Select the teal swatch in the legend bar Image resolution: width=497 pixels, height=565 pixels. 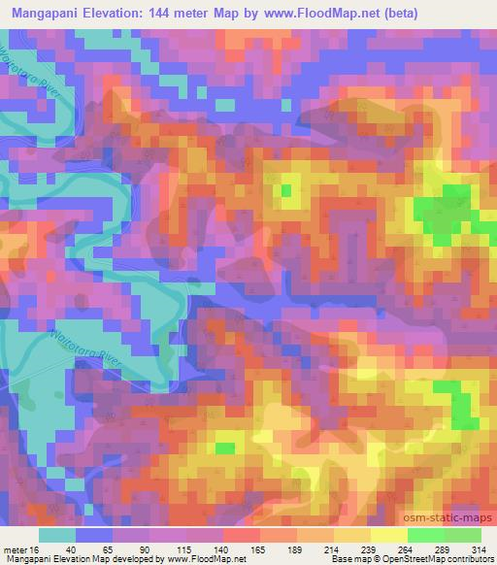[x=57, y=534]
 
